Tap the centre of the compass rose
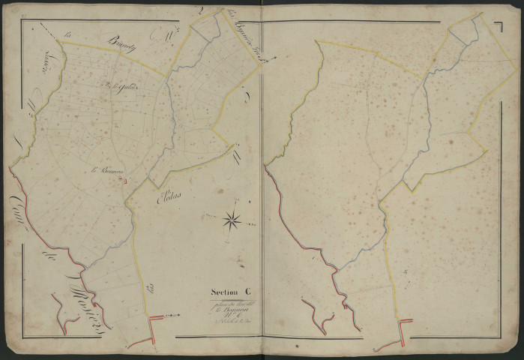coord(232,220)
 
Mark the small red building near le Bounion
coord(126,180)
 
